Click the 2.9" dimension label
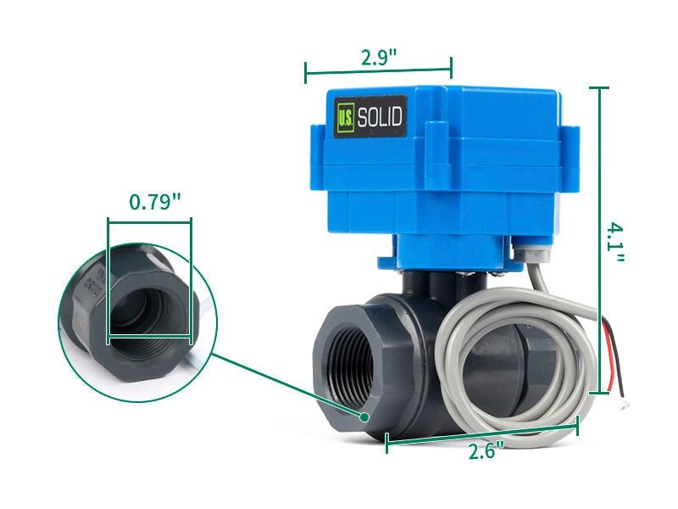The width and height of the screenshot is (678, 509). click(x=379, y=58)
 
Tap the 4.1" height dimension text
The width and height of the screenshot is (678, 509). click(x=615, y=243)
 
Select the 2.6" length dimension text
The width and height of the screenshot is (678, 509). click(x=486, y=451)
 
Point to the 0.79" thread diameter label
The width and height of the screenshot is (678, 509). click(x=156, y=202)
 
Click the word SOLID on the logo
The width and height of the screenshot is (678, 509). click(x=380, y=117)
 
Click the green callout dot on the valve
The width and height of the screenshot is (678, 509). click(x=364, y=417)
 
